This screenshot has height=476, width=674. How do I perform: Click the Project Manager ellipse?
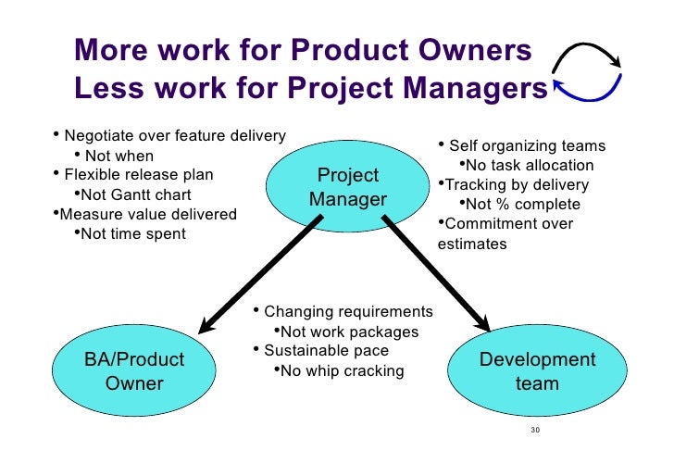[348, 188]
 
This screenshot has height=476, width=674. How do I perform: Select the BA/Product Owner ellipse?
[134, 370]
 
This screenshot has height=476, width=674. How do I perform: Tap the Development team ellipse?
[537, 370]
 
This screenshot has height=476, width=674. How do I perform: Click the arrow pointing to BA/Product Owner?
[259, 274]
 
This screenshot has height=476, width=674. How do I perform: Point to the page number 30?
[535, 431]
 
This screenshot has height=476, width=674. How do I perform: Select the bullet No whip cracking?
[342, 370]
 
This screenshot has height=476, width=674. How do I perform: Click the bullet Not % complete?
[523, 204]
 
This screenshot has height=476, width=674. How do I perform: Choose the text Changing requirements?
[348, 311]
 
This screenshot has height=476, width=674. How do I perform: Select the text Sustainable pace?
[326, 351]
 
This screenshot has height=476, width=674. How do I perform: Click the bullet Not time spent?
[133, 233]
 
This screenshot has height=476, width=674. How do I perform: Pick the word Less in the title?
[106, 89]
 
